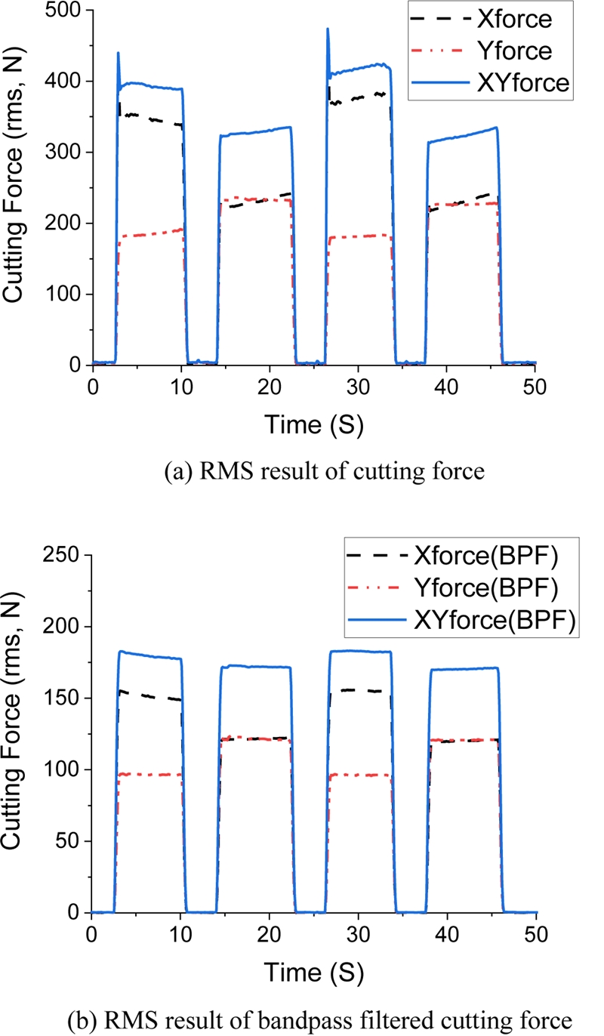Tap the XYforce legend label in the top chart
coord(535,82)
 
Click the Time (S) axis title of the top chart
coord(313,426)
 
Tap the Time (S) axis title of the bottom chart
coord(313,974)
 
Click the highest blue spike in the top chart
coord(328,30)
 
